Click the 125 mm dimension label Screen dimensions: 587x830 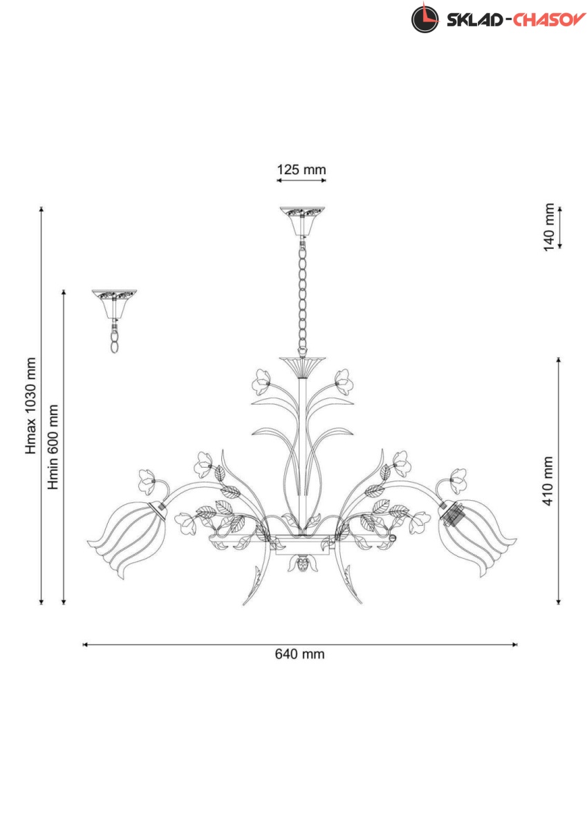[x=301, y=169]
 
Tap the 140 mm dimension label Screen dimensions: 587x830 [x=549, y=227]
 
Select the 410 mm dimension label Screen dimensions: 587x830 [x=548, y=481]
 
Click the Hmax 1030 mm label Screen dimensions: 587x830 [x=30, y=406]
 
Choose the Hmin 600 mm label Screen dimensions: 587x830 [x=53, y=447]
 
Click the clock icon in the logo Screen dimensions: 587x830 [x=425, y=19]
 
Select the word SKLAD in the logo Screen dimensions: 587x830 [x=474, y=20]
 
